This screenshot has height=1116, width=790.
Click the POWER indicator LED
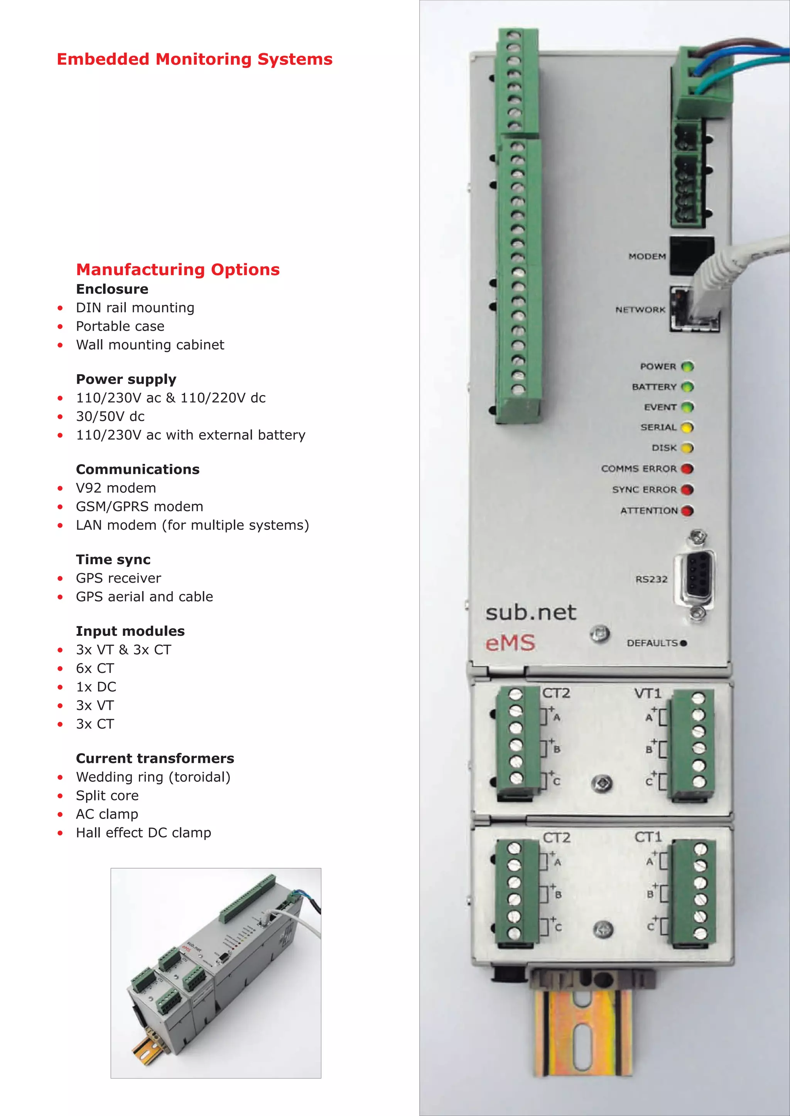(687, 366)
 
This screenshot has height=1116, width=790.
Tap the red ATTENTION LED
(687, 510)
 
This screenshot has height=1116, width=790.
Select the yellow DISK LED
(687, 448)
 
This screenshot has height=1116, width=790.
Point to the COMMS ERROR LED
(687, 469)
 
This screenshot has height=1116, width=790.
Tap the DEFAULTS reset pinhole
(684, 643)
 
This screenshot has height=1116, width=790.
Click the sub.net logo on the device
(531, 612)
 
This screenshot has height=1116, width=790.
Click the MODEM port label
(647, 256)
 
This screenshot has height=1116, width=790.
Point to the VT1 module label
(648, 693)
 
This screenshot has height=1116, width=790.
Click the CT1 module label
(648, 837)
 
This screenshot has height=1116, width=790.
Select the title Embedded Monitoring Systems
(194, 59)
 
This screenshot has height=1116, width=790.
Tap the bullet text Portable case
(120, 326)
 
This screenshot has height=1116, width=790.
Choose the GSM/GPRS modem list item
(140, 506)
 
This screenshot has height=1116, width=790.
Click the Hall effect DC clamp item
(143, 833)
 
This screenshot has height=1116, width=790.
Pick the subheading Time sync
(113, 560)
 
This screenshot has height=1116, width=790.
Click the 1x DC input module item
(96, 687)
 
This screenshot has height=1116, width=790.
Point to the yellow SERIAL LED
(687, 427)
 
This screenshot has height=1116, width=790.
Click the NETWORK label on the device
(640, 309)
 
